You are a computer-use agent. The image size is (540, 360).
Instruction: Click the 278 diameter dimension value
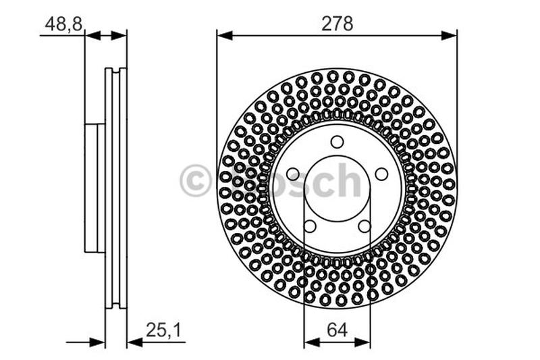pyautogui.click(x=337, y=24)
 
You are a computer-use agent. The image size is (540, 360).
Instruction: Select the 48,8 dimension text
pyautogui.click(x=64, y=24)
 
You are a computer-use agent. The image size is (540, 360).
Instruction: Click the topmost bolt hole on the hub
pyautogui.click(x=337, y=141)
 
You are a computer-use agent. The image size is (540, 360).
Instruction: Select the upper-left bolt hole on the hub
pyautogui.click(x=293, y=174)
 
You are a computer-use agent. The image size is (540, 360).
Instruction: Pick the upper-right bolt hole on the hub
pyautogui.click(x=381, y=174)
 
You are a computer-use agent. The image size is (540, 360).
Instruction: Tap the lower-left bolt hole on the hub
pyautogui.click(x=310, y=226)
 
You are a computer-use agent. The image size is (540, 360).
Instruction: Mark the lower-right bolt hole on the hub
pyautogui.click(x=364, y=226)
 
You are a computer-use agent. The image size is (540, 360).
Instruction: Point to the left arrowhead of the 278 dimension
pyautogui.click(x=222, y=34)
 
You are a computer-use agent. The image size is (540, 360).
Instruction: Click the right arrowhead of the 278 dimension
pyautogui.click(x=451, y=34)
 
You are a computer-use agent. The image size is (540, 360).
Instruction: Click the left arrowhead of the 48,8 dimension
pyautogui.click(x=91, y=34)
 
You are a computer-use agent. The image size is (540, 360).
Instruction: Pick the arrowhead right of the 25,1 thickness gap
pyautogui.click(x=133, y=342)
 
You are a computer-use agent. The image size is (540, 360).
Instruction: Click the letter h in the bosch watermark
pyautogui.click(x=347, y=181)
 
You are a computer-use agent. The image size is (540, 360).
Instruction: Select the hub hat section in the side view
pyautogui.click(x=94, y=188)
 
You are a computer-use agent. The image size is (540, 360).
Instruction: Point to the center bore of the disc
pyautogui.click(x=337, y=189)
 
